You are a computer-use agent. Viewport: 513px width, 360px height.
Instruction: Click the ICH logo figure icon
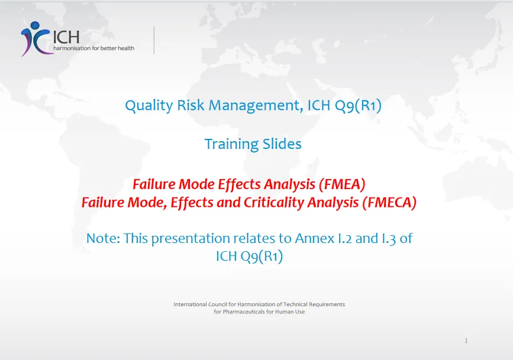coord(36,38)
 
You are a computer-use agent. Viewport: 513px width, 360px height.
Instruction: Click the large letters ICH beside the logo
coord(66,37)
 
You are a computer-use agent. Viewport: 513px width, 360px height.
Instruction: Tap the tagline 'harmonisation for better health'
coord(94,48)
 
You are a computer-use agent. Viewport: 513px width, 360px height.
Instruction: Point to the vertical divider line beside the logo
coord(154,40)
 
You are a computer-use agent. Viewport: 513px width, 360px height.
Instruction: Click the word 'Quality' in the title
coord(149,106)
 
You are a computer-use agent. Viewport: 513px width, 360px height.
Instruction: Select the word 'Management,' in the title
coord(256,106)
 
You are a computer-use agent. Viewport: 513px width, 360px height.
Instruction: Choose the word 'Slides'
coord(282,144)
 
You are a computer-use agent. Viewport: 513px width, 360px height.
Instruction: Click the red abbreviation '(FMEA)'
coord(342,184)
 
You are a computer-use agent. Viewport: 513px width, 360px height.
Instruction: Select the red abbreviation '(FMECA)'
coord(389,202)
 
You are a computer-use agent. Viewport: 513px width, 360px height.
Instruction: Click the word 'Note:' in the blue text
coord(103,238)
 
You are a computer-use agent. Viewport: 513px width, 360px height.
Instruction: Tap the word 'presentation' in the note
coord(191,239)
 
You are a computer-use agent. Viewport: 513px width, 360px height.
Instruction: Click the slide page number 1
coord(466,340)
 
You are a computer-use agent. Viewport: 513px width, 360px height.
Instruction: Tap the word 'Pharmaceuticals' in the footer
coord(244,312)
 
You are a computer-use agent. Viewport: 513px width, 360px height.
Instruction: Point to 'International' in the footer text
coord(190,304)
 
